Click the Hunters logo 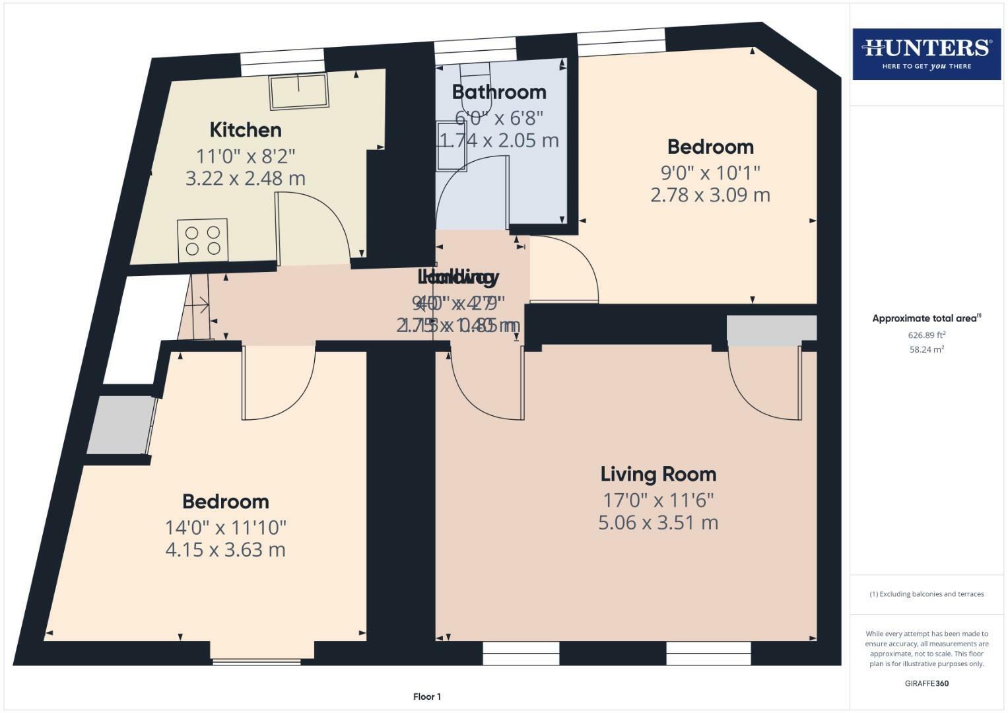(926, 53)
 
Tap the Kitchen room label (246, 129)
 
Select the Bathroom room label (499, 92)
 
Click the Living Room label (658, 474)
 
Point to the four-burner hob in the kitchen (203, 240)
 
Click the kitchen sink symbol (298, 91)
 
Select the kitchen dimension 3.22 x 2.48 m (246, 178)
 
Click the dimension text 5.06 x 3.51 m (658, 523)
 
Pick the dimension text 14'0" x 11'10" (226, 527)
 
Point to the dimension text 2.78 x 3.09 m (710, 195)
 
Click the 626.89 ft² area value (926, 335)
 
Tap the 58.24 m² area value (926, 349)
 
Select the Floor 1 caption (426, 696)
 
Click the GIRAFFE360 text (926, 683)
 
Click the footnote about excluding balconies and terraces (926, 594)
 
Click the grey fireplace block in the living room (771, 329)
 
